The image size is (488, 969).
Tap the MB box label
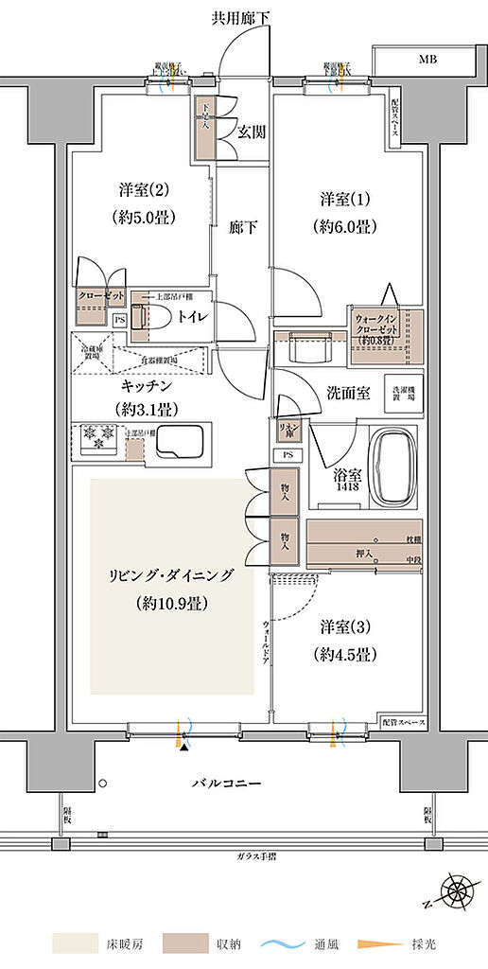pyautogui.click(x=428, y=61)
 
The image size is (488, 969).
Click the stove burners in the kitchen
pyautogui.click(x=96, y=437)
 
